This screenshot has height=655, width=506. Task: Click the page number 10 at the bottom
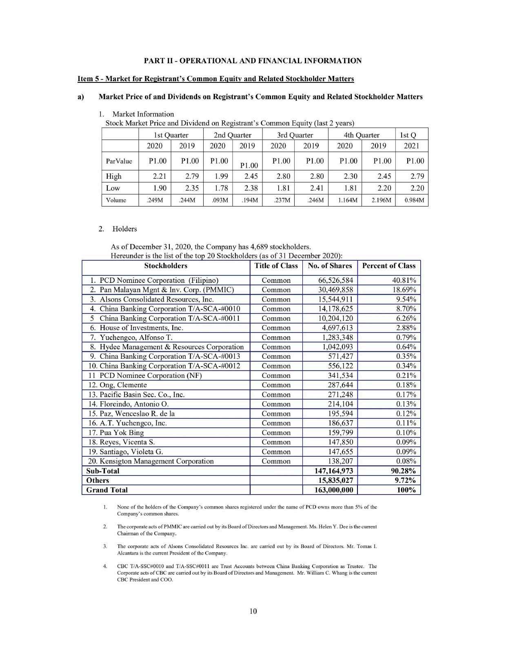pyautogui.click(x=253, y=611)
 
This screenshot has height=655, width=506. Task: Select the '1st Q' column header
pyautogui.click(x=408, y=135)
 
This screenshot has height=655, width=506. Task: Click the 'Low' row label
pyautogui.click(x=113, y=188)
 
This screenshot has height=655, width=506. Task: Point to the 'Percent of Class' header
pyautogui.click(x=388, y=266)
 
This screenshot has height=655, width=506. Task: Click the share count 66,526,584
pyautogui.click(x=335, y=280)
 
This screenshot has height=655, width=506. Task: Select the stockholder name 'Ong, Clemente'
pyautogui.click(x=123, y=385)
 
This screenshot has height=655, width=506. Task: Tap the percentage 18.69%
pyautogui.click(x=406, y=290)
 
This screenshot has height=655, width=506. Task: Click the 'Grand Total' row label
pyautogui.click(x=107, y=490)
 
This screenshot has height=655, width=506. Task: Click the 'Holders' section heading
pyautogui.click(x=124, y=229)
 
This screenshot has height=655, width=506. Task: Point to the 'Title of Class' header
pyautogui.click(x=276, y=266)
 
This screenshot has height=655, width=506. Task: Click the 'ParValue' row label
pyautogui.click(x=119, y=161)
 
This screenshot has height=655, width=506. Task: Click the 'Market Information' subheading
pyautogui.click(x=143, y=114)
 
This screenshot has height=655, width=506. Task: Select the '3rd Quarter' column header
pyautogui.click(x=295, y=135)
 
